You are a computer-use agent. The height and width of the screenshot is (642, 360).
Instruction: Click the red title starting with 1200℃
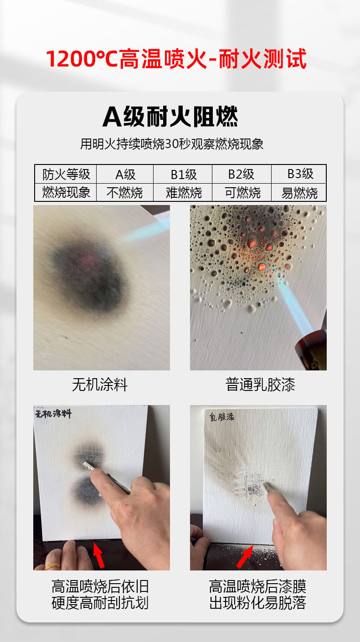point(176,60)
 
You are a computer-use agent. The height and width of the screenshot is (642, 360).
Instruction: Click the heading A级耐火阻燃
point(170,117)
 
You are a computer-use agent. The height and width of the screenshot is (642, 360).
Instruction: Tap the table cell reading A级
point(125,174)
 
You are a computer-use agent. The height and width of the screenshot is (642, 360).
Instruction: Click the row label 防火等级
point(67,174)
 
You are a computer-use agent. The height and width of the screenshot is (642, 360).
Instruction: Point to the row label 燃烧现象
point(67,192)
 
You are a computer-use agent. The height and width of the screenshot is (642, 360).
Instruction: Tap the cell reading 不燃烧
point(125,193)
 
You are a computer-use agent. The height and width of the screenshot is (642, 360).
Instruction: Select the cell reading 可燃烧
point(242,193)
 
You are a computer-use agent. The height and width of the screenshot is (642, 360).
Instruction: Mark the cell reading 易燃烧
point(299,193)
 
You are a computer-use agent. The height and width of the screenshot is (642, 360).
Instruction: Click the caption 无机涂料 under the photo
point(100,385)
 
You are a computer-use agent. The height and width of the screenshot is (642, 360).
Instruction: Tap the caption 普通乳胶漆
point(260,385)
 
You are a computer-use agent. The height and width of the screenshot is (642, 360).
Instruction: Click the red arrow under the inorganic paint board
point(98,555)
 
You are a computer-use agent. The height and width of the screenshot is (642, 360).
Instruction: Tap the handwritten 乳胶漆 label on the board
point(222,416)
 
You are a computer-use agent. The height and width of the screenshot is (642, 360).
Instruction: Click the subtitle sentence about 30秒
point(172,144)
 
